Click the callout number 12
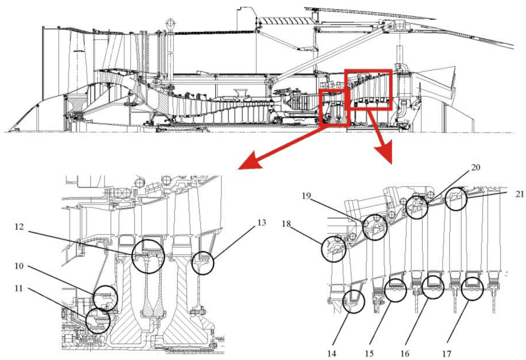tap(19, 227)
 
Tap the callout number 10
tap(19, 266)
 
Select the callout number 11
tap(19, 288)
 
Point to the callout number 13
tap(261, 222)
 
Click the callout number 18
tap(286, 224)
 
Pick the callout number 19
tap(306, 196)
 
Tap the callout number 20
tap(476, 167)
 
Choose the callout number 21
tap(520, 194)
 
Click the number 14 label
tap(332, 353)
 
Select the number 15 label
tap(369, 353)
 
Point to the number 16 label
tap(405, 353)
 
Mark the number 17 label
tap(446, 353)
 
